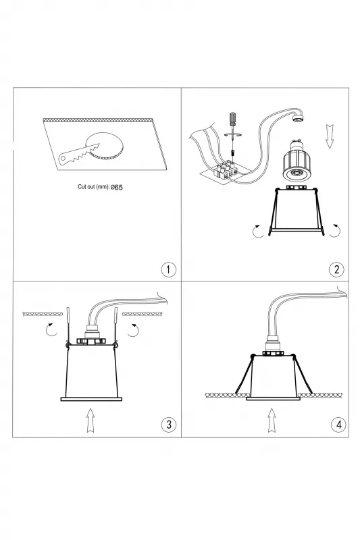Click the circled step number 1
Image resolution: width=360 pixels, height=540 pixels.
168,269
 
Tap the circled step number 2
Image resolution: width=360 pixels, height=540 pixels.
336,269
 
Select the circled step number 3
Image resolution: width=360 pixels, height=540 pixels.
168,425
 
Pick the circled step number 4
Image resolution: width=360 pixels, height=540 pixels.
338,425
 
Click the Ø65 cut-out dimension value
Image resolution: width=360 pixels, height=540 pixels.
117,188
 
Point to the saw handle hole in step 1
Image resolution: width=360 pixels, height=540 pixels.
63,159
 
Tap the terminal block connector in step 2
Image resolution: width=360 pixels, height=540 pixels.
224,171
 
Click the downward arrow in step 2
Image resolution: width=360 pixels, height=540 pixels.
330,136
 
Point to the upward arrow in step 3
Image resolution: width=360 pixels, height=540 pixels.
91,420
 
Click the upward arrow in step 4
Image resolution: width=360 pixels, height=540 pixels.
272,420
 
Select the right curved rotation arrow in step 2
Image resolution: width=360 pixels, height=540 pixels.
336,232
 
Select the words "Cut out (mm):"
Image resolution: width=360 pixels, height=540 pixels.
93,187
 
